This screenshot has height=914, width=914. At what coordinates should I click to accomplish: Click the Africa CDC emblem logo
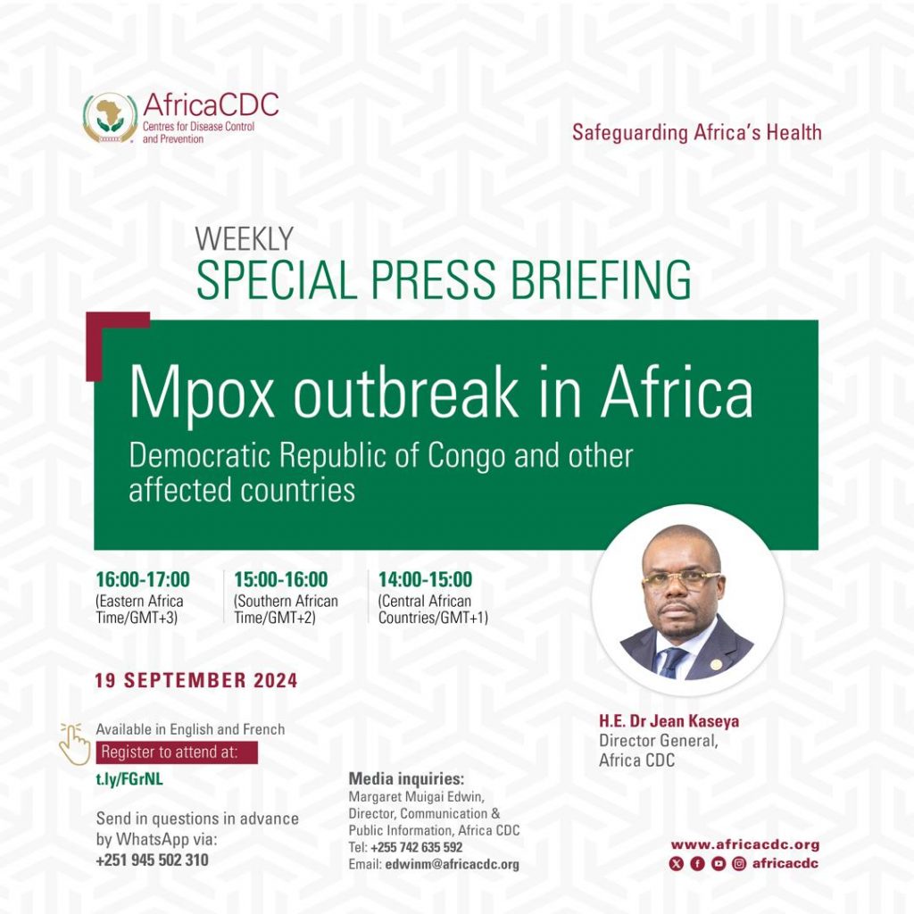coord(110,118)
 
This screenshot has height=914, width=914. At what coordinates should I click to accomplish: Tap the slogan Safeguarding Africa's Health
coord(696,132)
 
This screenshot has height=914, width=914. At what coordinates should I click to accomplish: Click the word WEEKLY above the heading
coord(245,238)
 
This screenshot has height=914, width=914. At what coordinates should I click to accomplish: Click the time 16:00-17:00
coord(143,579)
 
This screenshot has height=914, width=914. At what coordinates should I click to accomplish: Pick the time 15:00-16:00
coord(281,579)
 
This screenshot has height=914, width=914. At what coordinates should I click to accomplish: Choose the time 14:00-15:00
coord(425,579)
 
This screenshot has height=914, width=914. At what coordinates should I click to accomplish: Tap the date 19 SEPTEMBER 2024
coord(195,680)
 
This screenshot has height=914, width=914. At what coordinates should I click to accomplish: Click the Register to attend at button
coord(177,752)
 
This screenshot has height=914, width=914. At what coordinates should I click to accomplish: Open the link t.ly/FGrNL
coord(129,779)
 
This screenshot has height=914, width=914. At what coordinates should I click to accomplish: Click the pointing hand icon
coord(75,744)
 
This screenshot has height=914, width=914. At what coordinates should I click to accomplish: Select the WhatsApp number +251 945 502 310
coord(152,860)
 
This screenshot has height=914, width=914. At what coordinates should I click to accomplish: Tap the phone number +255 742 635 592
coord(416,848)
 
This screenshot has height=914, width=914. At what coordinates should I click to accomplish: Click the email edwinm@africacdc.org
coord(452,864)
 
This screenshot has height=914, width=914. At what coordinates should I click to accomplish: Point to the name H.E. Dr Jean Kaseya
coord(669,721)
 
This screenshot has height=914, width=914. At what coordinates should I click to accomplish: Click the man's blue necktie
coord(672,662)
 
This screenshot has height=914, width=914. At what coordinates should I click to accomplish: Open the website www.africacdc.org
coord(745,844)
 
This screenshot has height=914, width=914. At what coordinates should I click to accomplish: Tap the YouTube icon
coord(719,864)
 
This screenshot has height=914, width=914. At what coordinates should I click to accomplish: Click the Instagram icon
coord(739,864)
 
